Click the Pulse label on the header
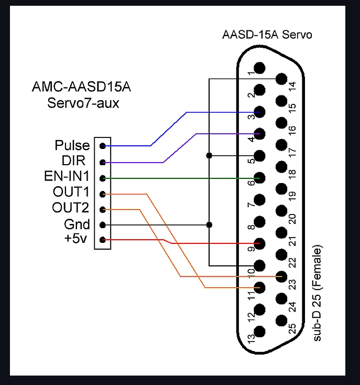[x=72, y=145]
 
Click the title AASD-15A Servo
[x=267, y=36]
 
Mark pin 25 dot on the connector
[x=281, y=320]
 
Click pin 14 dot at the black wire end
[x=281, y=80]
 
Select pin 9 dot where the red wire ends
[x=259, y=243]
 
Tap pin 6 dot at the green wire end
[x=259, y=178]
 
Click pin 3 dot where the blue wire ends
[x=259, y=112]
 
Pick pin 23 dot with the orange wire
[x=281, y=276]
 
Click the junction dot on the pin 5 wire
[x=209, y=155]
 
